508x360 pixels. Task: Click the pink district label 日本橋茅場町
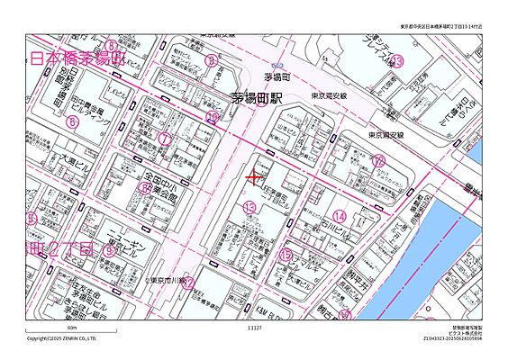point(77,59)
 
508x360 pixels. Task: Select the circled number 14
point(339,216)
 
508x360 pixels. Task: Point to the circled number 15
point(286,256)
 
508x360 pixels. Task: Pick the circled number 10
point(213,116)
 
